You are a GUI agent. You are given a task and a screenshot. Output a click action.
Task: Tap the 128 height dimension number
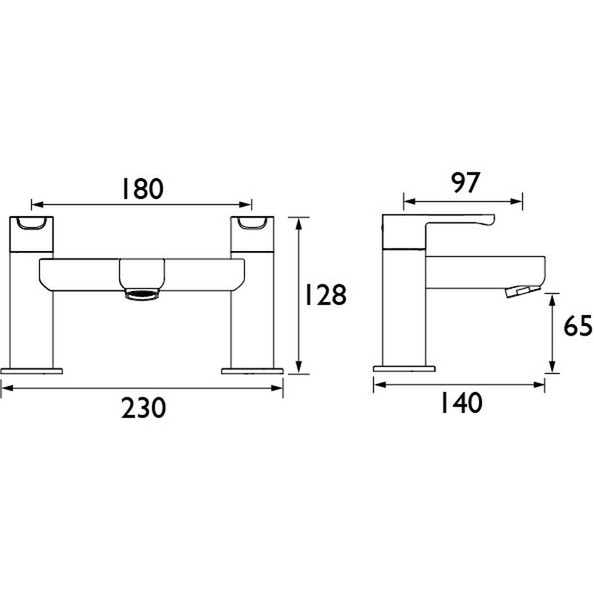tap(325, 296)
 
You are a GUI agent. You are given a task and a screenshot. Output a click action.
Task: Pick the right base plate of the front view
tap(253, 369)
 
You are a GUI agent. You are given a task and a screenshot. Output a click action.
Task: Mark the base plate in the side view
tap(403, 369)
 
